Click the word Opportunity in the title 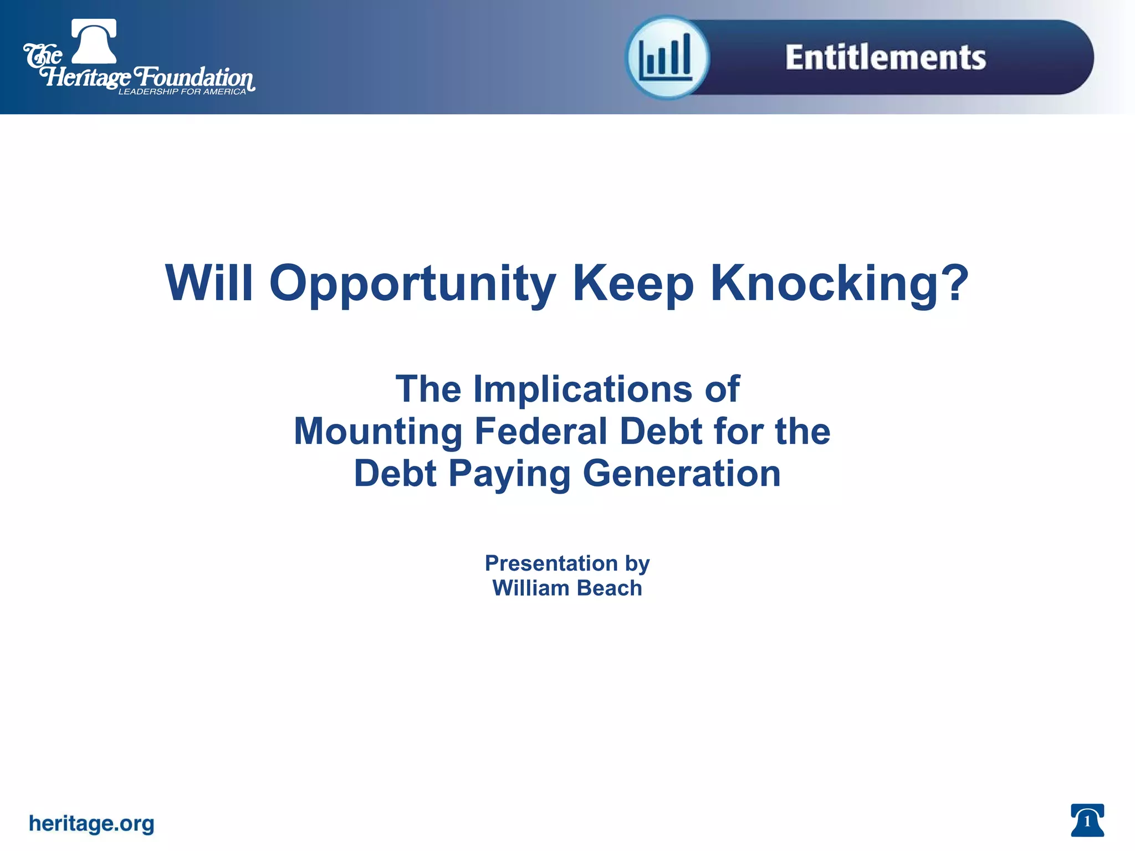click(412, 284)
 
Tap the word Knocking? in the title click(839, 284)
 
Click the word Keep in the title click(632, 284)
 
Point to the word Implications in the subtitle click(582, 389)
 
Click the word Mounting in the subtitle click(378, 431)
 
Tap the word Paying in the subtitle click(509, 474)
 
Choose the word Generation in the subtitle click(682, 474)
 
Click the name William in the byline click(530, 588)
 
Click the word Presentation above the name click(551, 563)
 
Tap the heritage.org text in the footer click(91, 823)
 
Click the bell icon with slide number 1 click(1087, 821)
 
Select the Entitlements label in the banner click(885, 58)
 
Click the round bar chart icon click(667, 58)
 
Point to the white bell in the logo click(94, 42)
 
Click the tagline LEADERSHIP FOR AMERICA click(182, 92)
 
